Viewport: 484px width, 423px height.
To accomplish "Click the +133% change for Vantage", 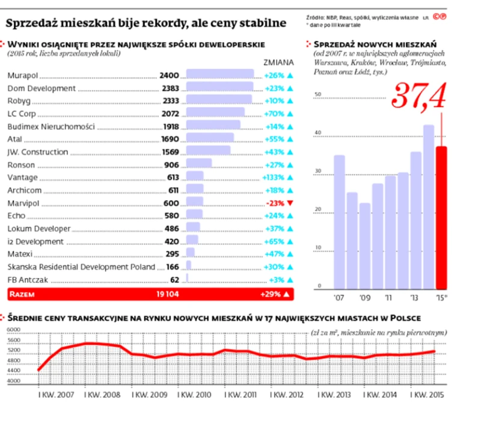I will pos(274,178).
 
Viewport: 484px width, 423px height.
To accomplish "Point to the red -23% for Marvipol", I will pos(275,203).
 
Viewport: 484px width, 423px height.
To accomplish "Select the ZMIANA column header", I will pos(278,63).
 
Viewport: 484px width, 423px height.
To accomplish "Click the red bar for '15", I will pos(441,218).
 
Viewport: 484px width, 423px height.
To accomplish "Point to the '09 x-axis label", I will pos(365,297).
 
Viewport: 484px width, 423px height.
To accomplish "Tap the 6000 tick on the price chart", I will pos(13,330).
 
